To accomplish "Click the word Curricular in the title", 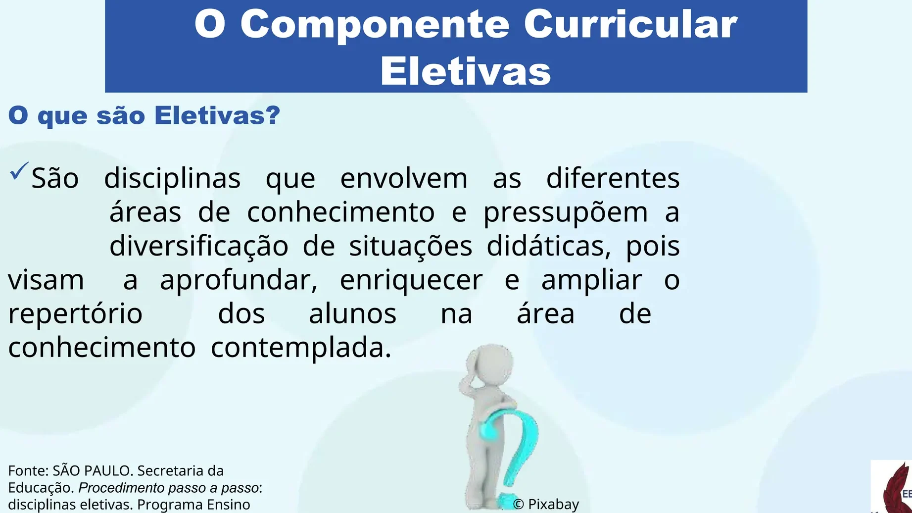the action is (x=630, y=25).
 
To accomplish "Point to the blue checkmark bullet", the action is (x=19, y=171).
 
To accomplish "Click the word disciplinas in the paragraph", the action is (x=172, y=178).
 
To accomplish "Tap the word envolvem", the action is (x=404, y=178).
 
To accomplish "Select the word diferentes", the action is (x=613, y=178).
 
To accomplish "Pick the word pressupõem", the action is (x=566, y=213).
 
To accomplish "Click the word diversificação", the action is (x=199, y=246).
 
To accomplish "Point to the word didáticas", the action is (x=549, y=246).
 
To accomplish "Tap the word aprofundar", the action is (x=239, y=280).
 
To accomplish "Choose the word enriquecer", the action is (x=411, y=280).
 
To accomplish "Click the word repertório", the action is (x=75, y=314).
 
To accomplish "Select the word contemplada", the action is (x=301, y=348).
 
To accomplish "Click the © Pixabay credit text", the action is (x=546, y=504).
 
